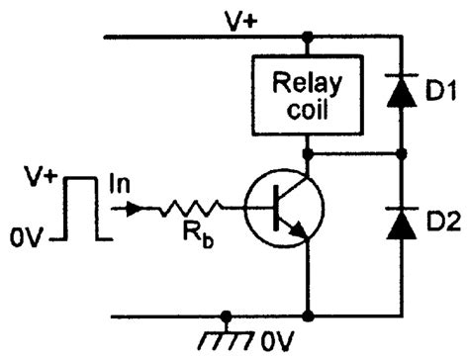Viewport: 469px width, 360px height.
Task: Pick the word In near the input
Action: click(117, 185)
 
